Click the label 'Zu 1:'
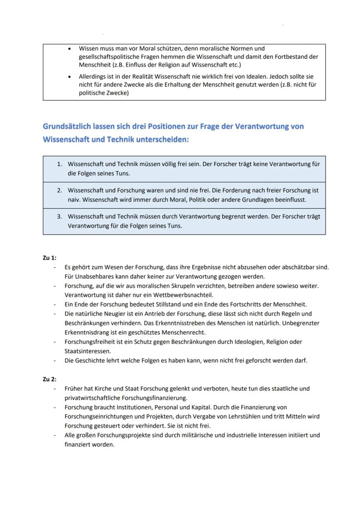(50, 258)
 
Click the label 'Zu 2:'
(50, 379)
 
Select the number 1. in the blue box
(60, 164)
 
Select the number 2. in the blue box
(60, 190)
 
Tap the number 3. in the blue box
(60, 216)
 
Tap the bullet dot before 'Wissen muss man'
(70, 49)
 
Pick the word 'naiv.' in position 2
(74, 200)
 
